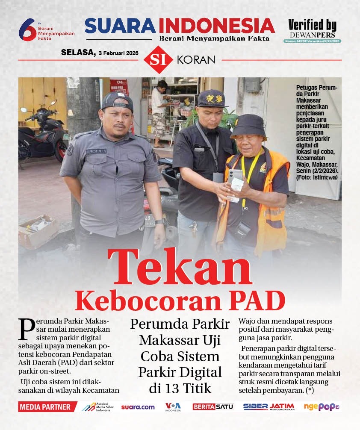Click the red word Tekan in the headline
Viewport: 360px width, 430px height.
[x=180, y=268]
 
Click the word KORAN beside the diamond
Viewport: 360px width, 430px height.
[x=196, y=60]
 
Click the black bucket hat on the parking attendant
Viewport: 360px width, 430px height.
[x=248, y=126]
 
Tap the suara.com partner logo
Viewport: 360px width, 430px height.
[x=138, y=407]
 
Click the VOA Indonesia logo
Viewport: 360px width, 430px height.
[x=173, y=406]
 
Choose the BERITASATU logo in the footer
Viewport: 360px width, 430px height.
[x=213, y=407]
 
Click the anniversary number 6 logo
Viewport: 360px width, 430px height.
[x=27, y=30]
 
